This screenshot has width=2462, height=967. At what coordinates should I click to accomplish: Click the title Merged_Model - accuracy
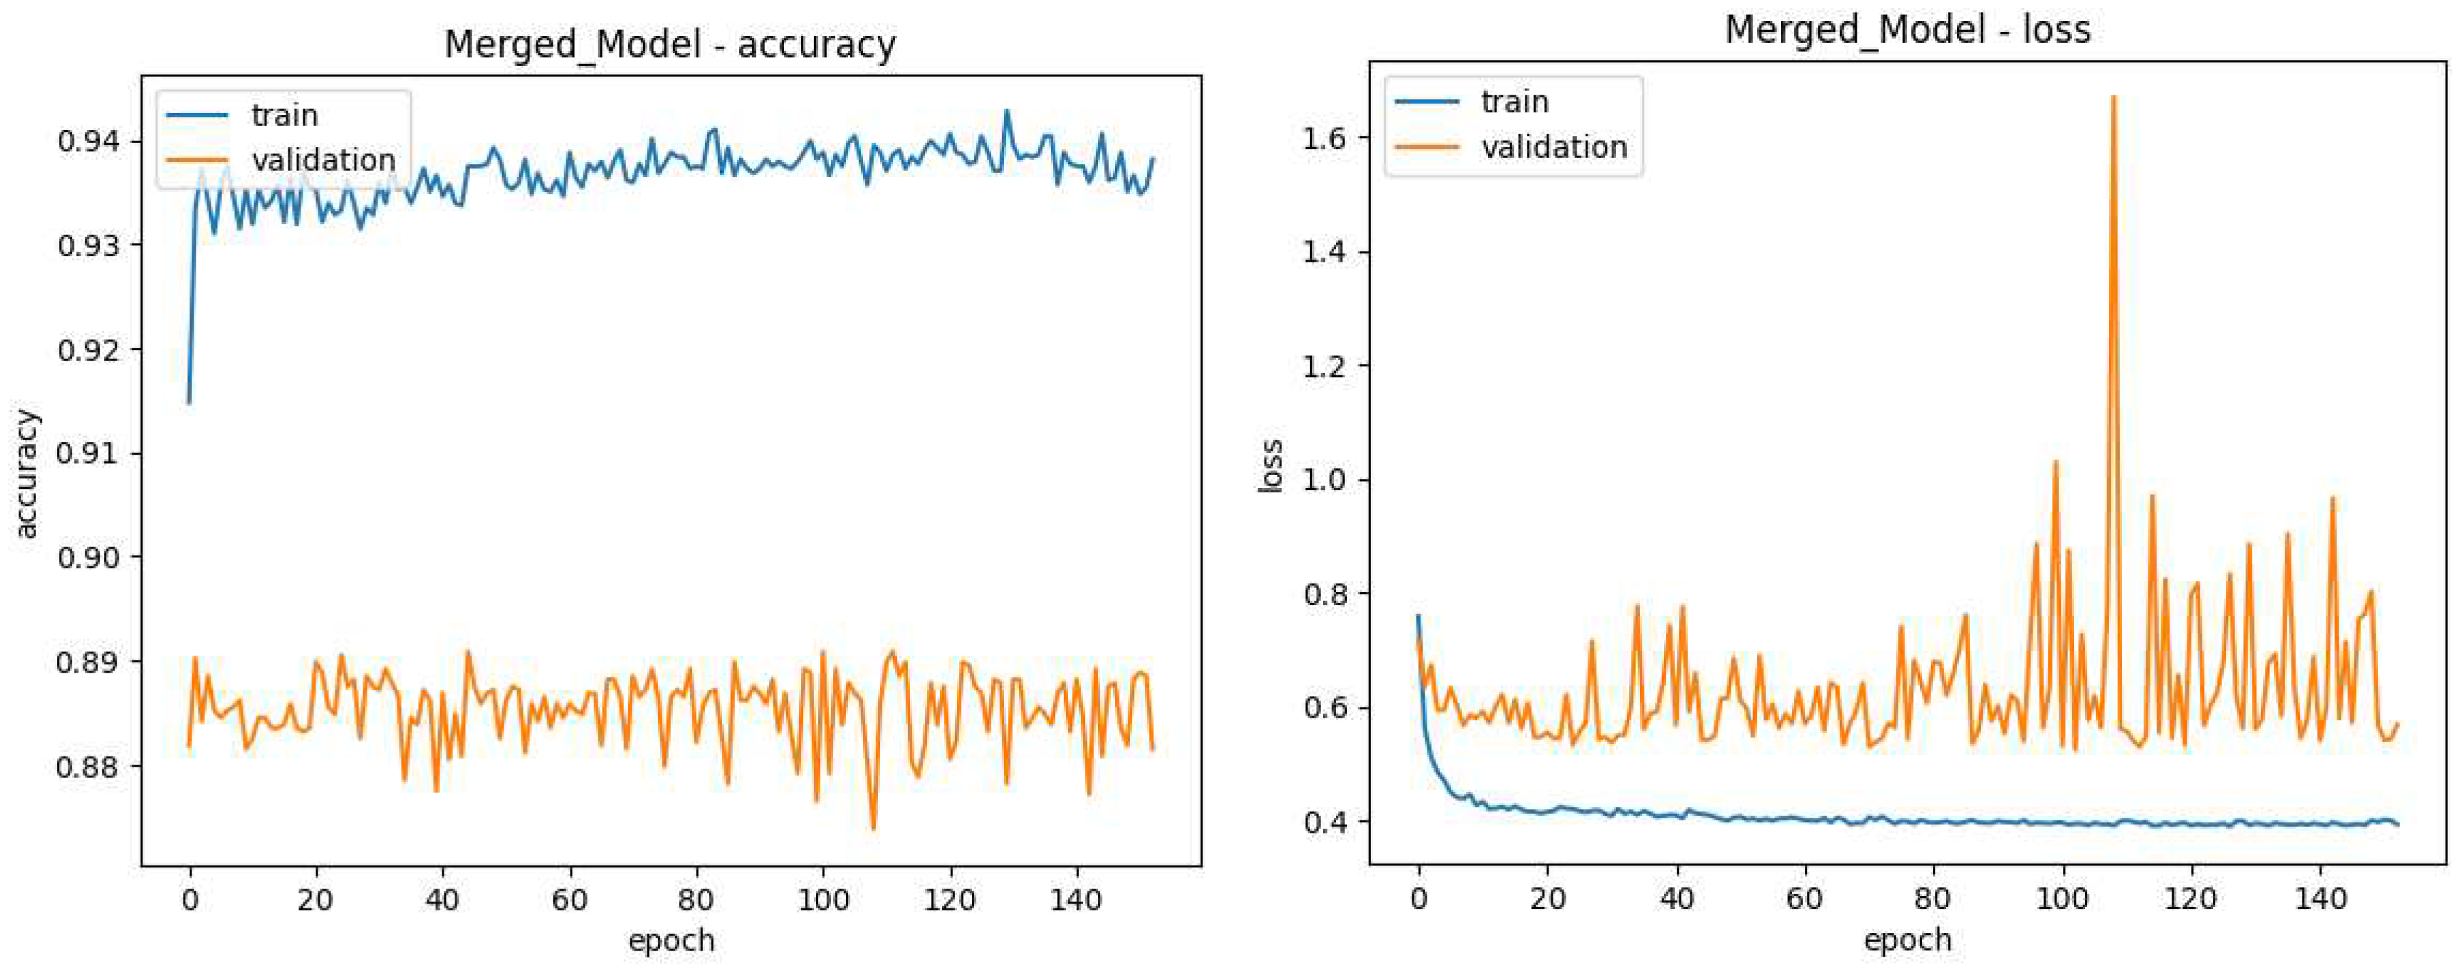point(670,45)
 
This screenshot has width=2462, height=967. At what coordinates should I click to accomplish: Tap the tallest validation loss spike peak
point(2112,97)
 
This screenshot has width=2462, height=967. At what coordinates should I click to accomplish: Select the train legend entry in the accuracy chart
point(283,116)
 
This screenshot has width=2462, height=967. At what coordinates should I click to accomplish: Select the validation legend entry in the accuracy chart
point(323,159)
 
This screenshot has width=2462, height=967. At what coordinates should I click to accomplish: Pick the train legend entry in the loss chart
point(1514,102)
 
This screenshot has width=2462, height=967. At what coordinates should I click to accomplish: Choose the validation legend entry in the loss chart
point(1554,147)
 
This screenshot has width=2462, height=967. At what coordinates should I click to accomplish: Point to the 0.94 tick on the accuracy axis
point(89,142)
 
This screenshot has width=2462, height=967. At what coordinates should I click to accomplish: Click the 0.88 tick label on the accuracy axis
point(89,767)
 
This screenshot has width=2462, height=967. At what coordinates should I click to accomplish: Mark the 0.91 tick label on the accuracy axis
point(89,453)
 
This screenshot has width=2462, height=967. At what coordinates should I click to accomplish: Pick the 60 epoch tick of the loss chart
point(1804,900)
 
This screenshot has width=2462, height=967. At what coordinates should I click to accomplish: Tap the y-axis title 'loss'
point(1270,466)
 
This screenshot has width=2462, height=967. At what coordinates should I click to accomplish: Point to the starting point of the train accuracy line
point(189,402)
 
